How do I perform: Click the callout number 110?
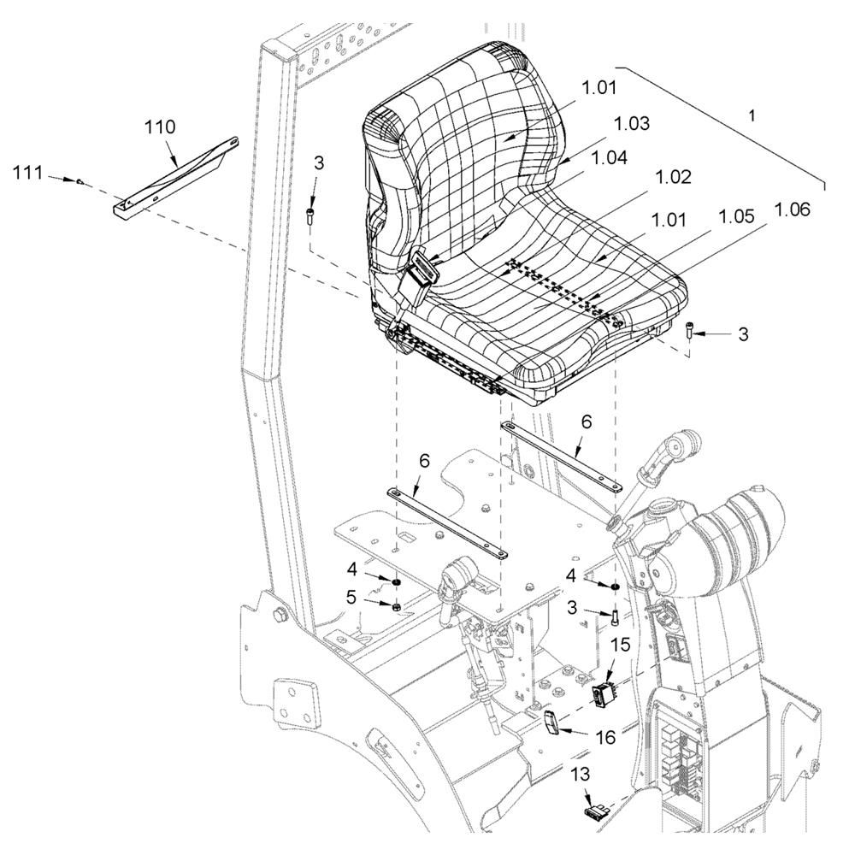click(160, 127)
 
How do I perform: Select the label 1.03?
click(632, 124)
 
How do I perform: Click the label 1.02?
click(672, 178)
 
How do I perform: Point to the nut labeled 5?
click(397, 606)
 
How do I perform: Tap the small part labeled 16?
click(552, 722)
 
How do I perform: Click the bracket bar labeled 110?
click(175, 175)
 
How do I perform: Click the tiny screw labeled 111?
click(79, 182)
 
